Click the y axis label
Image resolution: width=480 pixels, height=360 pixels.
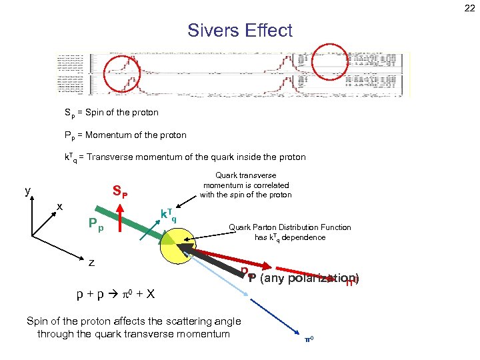(x=27, y=191)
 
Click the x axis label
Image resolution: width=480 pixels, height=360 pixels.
(x=59, y=207)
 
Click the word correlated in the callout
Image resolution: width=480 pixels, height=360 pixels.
(x=271, y=185)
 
